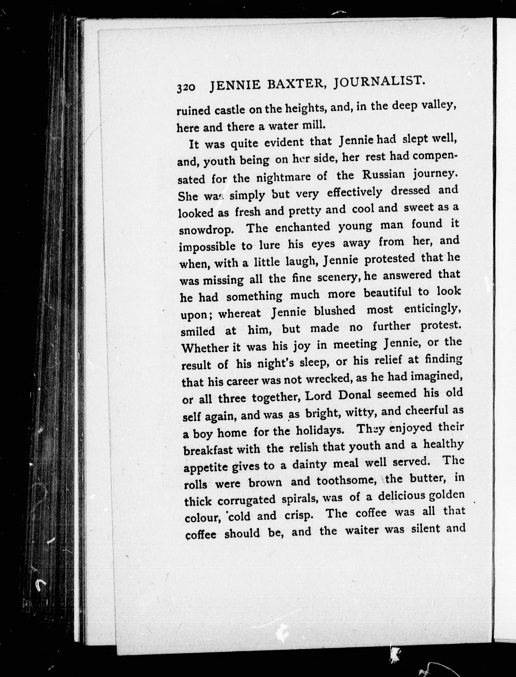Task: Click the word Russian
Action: (384, 175)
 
